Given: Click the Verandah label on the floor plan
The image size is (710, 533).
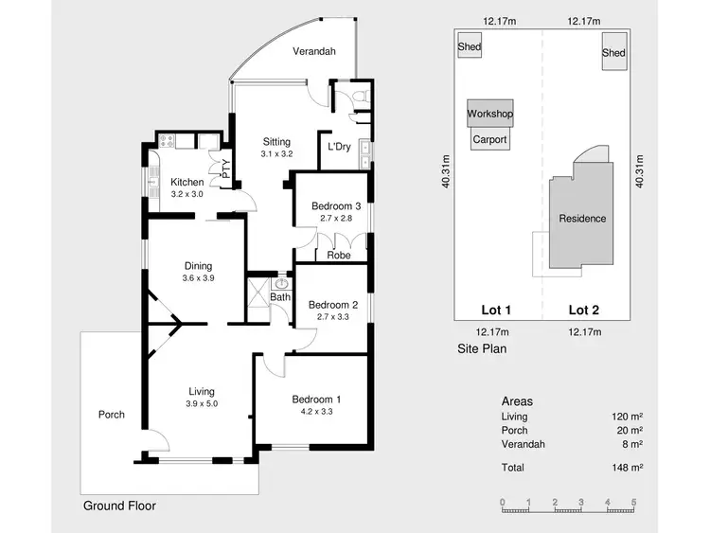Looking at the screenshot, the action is coord(314,51).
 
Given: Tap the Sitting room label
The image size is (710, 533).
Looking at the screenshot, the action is coord(276,142).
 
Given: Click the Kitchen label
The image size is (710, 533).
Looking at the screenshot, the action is coord(186,182).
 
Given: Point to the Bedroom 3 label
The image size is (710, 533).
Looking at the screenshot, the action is coord(336,206).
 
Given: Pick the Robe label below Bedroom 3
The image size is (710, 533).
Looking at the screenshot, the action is coord(338,256).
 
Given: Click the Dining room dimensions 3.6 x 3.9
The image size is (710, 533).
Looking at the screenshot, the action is coord(198,278).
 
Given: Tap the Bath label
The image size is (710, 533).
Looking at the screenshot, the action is coord(279,297).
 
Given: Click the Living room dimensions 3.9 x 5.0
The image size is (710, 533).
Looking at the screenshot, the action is coord(201,403).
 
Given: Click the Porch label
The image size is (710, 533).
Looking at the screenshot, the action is coord(112,415).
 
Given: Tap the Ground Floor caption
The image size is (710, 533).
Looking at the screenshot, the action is coord(118,506).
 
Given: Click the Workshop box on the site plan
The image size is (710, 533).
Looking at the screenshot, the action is coord(489,115).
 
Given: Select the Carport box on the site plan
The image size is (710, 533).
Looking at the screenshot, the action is coord(489,139).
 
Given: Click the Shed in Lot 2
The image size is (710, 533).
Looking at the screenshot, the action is coord(613,53).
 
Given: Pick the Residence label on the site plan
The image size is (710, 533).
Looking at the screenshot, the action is coord(582,219).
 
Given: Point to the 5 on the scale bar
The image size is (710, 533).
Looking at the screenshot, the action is coord(633,503).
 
